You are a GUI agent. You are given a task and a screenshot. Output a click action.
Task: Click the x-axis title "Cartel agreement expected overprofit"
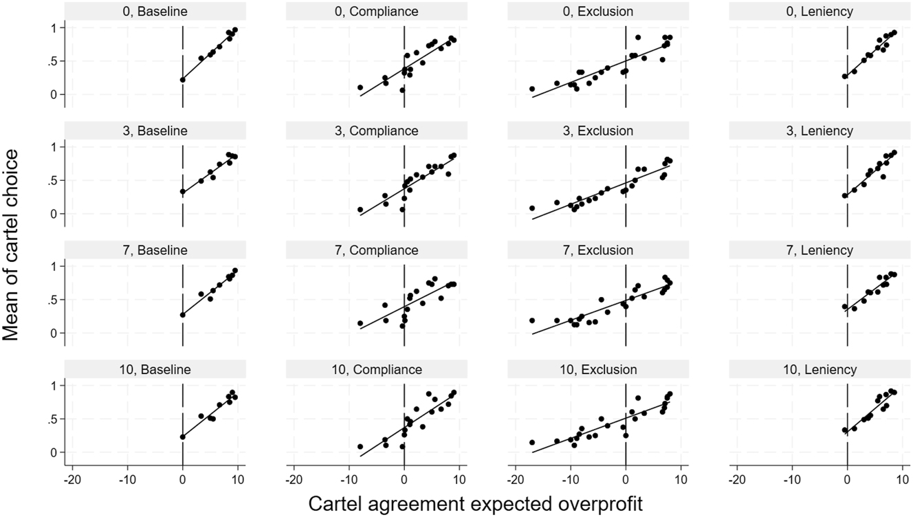(x=476, y=503)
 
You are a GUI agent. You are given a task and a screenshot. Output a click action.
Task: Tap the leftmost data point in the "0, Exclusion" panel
(x=532, y=89)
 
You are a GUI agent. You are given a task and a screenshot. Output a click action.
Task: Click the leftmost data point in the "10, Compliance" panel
(x=360, y=446)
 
